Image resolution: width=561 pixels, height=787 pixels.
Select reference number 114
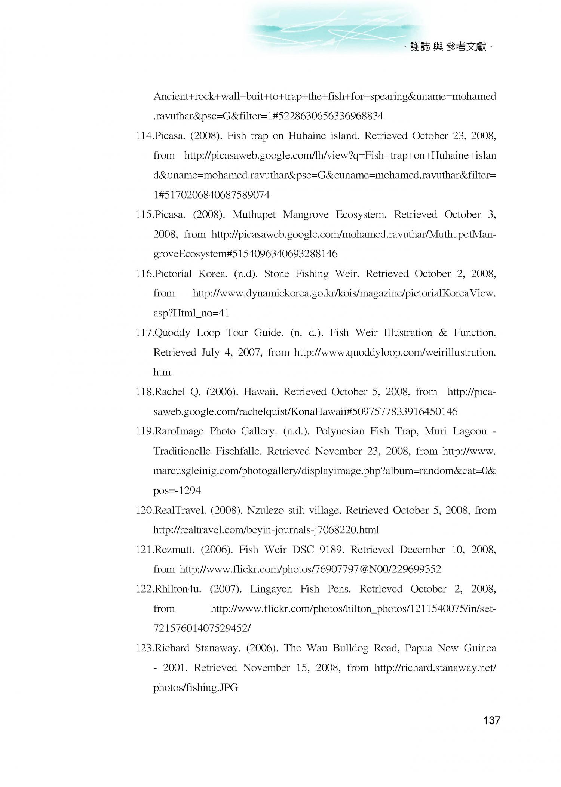click(144, 136)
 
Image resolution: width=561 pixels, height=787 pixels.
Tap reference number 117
click(144, 333)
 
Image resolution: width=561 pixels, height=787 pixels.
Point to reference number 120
click(144, 510)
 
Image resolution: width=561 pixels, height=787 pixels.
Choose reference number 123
click(144, 648)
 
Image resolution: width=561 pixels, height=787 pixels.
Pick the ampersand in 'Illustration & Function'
click(443, 333)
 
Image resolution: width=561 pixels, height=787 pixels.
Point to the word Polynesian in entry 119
click(340, 431)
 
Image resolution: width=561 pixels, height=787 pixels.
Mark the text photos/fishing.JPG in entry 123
click(196, 688)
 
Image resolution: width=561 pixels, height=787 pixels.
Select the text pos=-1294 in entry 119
click(177, 491)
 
